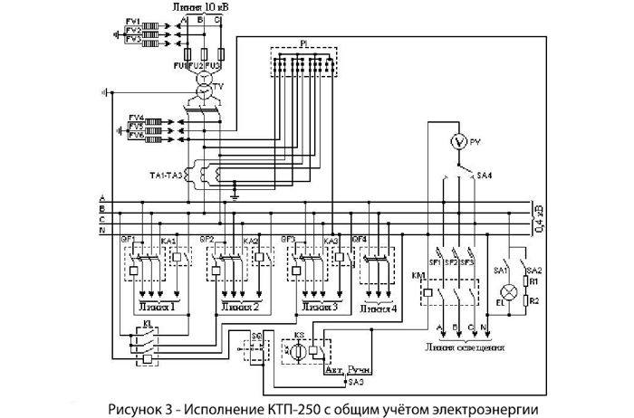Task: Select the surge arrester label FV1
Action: [133, 21]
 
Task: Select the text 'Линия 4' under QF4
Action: [378, 309]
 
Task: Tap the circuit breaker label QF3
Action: [289, 240]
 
